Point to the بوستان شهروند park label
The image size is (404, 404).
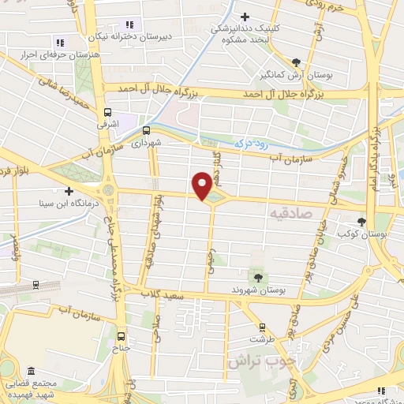(257, 290)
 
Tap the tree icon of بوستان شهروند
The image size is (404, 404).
(257, 277)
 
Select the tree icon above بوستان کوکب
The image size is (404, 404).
(361, 222)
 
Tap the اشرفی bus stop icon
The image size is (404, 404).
(108, 112)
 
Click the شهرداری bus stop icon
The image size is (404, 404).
(146, 131)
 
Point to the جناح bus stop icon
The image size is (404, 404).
(121, 333)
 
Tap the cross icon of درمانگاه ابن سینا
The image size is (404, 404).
(69, 190)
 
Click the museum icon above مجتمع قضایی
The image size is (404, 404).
(30, 370)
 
